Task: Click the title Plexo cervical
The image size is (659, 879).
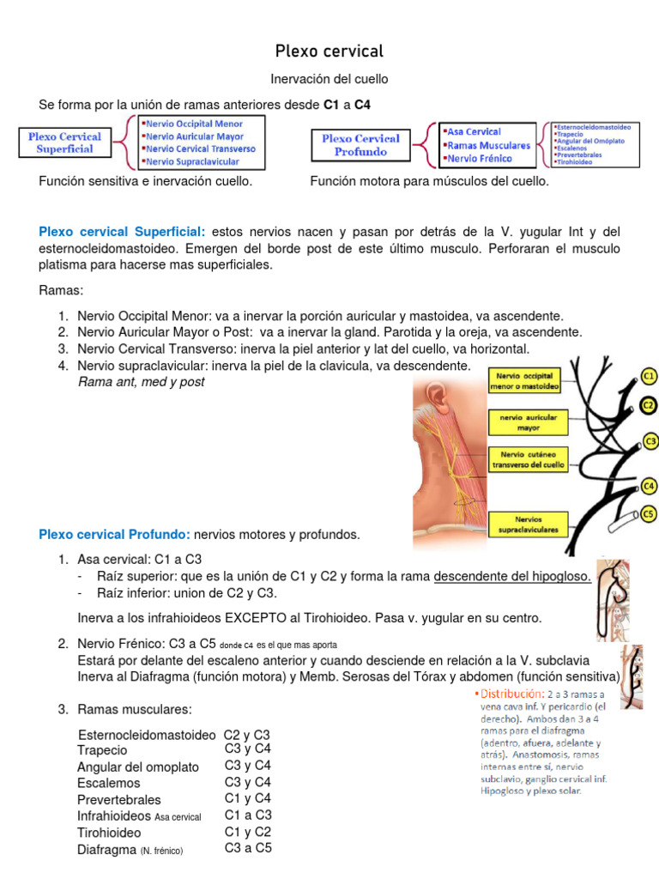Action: pyautogui.click(x=329, y=51)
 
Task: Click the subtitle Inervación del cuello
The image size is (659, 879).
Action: pyautogui.click(x=329, y=79)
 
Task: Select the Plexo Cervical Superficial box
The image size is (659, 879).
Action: pyautogui.click(x=64, y=142)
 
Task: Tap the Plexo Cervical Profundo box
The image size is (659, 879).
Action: pyautogui.click(x=360, y=144)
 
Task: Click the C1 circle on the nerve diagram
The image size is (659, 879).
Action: pyautogui.click(x=649, y=376)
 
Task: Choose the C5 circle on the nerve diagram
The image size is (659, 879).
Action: pyautogui.click(x=649, y=514)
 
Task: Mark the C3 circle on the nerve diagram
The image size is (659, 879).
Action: pyautogui.click(x=650, y=442)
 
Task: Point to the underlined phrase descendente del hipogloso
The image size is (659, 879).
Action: pyautogui.click(x=512, y=576)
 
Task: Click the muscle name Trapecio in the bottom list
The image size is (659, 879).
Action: pyautogui.click(x=102, y=750)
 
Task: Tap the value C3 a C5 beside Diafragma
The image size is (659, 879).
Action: pyautogui.click(x=248, y=848)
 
